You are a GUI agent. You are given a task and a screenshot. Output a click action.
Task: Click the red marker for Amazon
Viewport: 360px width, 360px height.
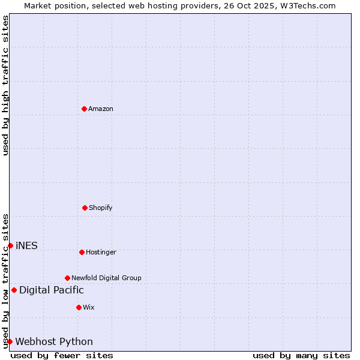[x=85, y=109]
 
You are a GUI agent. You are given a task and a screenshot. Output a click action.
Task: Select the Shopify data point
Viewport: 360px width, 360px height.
[x=85, y=208]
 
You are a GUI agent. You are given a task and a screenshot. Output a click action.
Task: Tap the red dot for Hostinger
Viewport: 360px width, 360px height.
[x=82, y=252]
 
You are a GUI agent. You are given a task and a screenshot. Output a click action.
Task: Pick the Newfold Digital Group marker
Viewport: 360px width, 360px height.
[x=67, y=278]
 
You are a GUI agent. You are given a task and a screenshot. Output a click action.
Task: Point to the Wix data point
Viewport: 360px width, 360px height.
[x=79, y=307]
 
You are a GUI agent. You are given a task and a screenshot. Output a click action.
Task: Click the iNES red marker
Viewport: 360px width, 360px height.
[x=10, y=245]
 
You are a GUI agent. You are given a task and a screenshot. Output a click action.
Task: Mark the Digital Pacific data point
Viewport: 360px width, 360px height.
[x=14, y=290]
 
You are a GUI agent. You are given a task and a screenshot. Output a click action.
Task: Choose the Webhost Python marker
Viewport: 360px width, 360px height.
[x=10, y=341]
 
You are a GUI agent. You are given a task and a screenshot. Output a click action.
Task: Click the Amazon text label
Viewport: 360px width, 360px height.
[x=101, y=109]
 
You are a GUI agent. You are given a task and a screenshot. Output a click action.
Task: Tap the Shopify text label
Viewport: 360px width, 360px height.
[x=101, y=208]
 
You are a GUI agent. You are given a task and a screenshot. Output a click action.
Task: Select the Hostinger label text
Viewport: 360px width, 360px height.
[x=101, y=252]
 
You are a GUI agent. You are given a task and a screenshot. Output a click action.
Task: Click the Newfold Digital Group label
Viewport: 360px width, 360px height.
[x=106, y=278]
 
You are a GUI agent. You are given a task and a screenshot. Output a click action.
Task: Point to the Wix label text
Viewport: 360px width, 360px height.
[x=89, y=307]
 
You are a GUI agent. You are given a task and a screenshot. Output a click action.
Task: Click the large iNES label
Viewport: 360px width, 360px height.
[x=26, y=245]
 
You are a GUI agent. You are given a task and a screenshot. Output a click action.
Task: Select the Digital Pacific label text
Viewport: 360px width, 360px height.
[x=52, y=290]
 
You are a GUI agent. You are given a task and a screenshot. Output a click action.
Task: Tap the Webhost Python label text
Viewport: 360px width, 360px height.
[x=54, y=342]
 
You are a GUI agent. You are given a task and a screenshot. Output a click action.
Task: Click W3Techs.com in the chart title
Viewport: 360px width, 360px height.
[x=307, y=5]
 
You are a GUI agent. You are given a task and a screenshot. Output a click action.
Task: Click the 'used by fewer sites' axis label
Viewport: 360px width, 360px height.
[x=62, y=355]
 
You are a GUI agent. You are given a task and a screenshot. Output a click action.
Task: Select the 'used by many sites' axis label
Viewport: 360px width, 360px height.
[x=301, y=355]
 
